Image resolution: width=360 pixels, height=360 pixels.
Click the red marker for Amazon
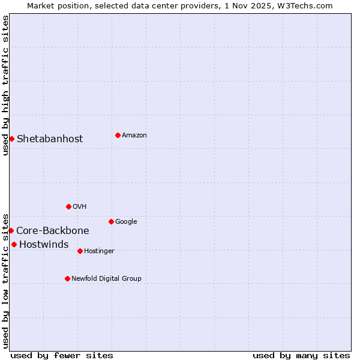pos(118,135)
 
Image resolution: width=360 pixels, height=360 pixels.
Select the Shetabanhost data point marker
pos(11,139)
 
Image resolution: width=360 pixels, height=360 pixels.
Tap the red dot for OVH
pos(68,206)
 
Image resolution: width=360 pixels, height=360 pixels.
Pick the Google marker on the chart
pos(111,221)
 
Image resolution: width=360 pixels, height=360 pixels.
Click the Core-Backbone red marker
pos(11,230)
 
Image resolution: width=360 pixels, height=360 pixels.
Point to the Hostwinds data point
pos(14,244)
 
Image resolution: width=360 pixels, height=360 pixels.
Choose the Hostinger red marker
pos(80,251)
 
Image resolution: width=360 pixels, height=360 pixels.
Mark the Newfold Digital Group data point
pos(67,278)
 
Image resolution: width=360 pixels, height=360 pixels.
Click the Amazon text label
pos(134,136)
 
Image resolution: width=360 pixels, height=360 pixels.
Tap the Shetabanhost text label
pos(50,139)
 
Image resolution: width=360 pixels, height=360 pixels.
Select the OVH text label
pos(80,207)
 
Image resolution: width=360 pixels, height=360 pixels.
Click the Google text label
pos(126,222)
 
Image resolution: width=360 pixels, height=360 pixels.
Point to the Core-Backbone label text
pos(53,231)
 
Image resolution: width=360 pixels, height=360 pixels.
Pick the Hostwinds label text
pos(44,245)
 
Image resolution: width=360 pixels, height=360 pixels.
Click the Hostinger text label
pos(99,251)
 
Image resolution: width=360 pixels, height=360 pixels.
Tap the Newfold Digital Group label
pos(106,279)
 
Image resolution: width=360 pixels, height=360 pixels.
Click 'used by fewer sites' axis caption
pos(62,356)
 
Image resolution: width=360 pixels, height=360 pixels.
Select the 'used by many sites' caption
pos(301,356)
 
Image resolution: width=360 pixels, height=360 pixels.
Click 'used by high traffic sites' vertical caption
pos(6,85)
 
